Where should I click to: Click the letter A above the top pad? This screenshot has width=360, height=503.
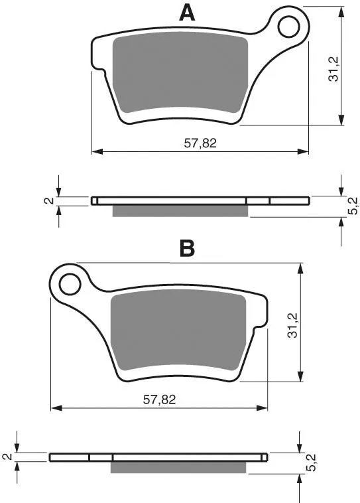click(187, 13)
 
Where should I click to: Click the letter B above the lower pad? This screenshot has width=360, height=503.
click(187, 248)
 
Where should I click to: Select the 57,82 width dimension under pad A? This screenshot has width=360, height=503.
click(200, 143)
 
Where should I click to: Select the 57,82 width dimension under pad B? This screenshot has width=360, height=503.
click(159, 399)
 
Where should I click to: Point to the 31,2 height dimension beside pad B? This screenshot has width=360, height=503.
click(292, 325)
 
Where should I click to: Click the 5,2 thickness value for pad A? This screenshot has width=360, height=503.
click(352, 206)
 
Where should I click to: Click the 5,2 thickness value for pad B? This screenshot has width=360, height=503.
click(311, 463)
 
